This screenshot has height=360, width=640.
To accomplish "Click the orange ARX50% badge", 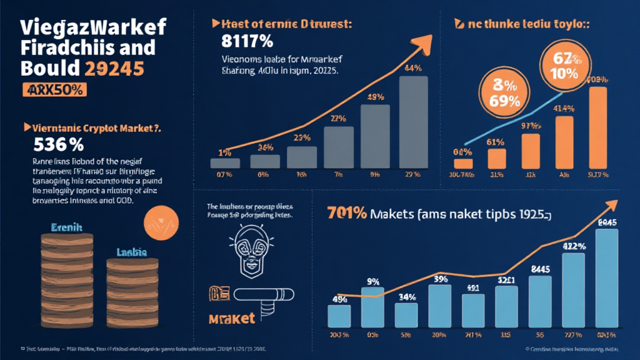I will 52,89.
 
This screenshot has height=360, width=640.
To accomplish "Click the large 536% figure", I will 57,144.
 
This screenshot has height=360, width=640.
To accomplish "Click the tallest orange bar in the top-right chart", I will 597,127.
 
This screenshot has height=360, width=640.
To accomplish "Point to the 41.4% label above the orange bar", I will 564,107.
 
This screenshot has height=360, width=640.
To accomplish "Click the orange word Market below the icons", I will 231,318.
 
